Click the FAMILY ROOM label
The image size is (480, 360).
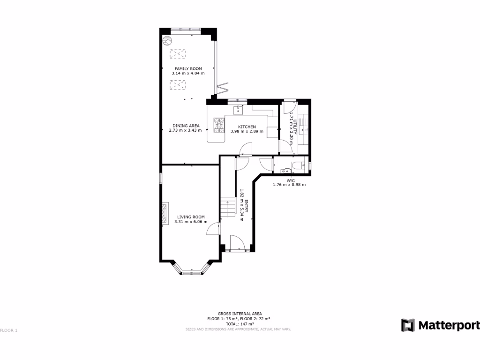click(x=188, y=68)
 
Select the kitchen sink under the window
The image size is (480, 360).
click(x=238, y=110)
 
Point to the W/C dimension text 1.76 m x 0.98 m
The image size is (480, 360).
click(x=289, y=185)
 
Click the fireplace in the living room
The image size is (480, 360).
click(x=165, y=214)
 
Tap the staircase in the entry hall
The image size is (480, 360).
click(x=227, y=207)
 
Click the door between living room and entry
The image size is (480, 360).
click(x=214, y=229)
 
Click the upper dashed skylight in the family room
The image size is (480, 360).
click(x=178, y=54)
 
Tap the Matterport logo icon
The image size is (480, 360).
click(x=408, y=325)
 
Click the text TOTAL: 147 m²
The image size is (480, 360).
click(x=240, y=324)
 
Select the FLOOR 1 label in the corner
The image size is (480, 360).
click(x=9, y=330)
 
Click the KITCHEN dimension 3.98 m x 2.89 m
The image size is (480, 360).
click(x=247, y=131)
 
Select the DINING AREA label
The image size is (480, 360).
click(x=186, y=126)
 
